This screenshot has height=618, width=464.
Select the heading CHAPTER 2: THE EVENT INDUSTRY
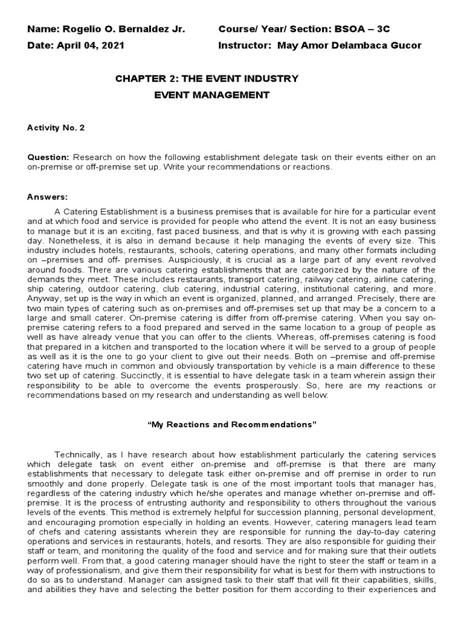[207, 78]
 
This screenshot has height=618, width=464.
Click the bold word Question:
[49, 158]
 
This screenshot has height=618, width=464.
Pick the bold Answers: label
[48, 197]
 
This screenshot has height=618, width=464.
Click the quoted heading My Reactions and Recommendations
[232, 425]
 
